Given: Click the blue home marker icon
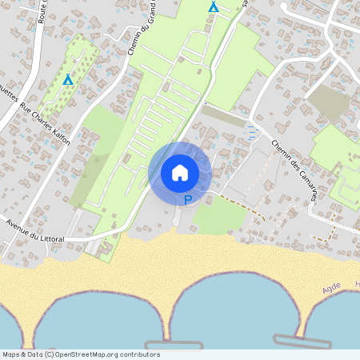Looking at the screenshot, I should pos(180,172).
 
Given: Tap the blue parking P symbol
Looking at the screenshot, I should pos(188,200).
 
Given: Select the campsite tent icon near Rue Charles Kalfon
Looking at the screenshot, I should pos(68,80).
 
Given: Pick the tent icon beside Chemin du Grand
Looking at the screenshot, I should pos(213,7).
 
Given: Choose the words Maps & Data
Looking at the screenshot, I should pos(22,354).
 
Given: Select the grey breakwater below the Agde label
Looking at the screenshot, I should pos(302,341).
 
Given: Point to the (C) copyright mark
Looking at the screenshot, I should pos(48,354).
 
